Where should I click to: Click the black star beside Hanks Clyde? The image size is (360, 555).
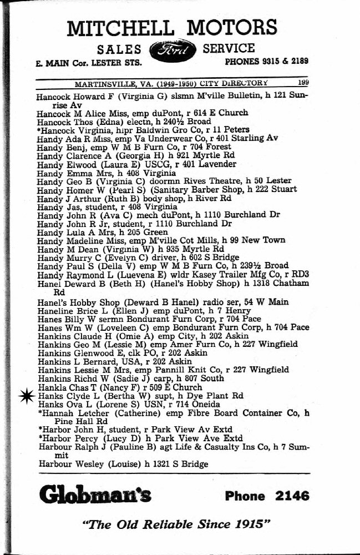(24, 395)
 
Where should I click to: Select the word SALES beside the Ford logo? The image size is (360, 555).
(121, 49)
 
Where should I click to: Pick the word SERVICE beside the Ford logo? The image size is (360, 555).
(229, 48)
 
